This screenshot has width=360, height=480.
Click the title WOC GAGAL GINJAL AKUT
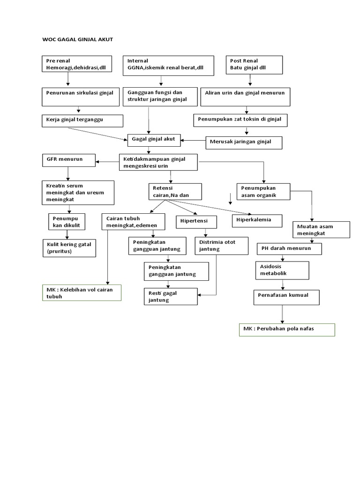[x=78, y=40]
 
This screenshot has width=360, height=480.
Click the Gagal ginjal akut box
[x=154, y=139]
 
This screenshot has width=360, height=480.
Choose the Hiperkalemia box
[x=257, y=219]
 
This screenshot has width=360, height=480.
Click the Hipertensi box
[x=197, y=221]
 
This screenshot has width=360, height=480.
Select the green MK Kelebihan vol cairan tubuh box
[x=81, y=292]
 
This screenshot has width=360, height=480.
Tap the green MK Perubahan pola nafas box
[x=287, y=329]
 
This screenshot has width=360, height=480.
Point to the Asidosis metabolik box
[x=282, y=270]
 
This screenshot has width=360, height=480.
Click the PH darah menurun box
[x=289, y=248]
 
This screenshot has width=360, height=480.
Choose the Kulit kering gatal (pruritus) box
[x=69, y=248]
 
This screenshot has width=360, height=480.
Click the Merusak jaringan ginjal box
[x=244, y=142]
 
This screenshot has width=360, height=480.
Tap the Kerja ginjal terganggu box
[x=82, y=120]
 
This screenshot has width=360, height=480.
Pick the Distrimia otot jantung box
[x=221, y=245]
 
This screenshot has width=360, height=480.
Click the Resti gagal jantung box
[x=171, y=296]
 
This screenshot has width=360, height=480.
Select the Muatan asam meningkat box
[x=321, y=230]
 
